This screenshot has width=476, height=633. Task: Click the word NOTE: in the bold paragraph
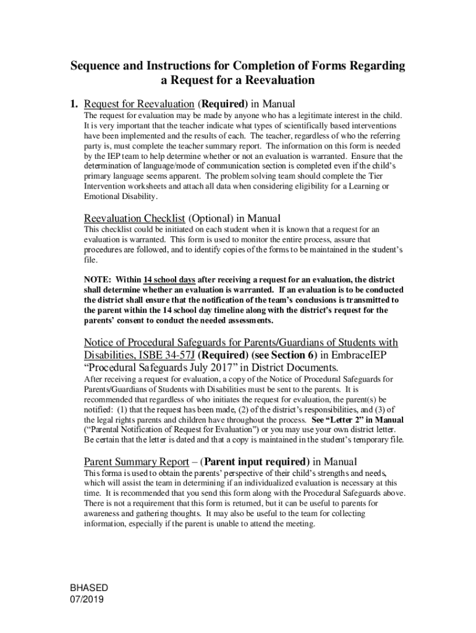pyautogui.click(x=98, y=280)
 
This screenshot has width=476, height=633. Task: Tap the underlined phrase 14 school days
pyautogui.click(x=169, y=280)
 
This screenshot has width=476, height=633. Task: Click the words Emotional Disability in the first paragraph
pyautogui.click(x=120, y=197)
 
